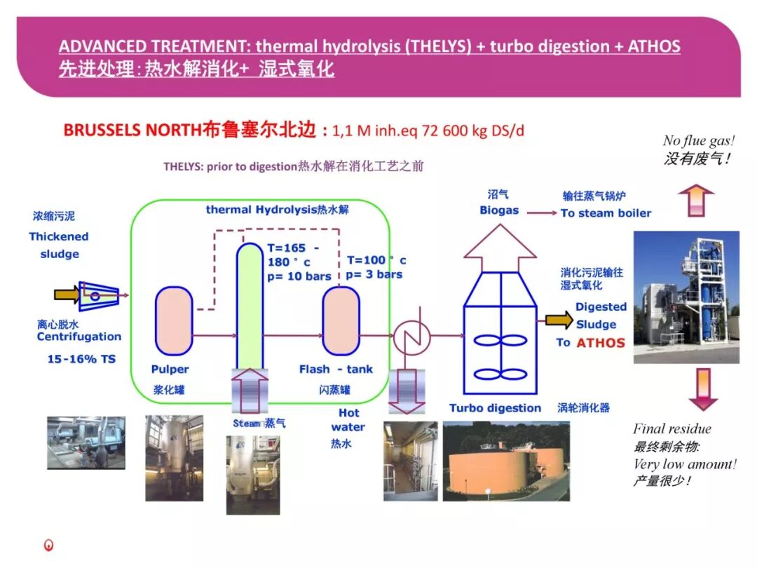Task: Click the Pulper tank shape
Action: (x=173, y=320)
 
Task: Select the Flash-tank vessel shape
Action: (x=341, y=320)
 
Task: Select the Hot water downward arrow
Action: (x=407, y=390)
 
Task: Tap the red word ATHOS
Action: (x=600, y=343)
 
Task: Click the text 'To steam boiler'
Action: (x=606, y=213)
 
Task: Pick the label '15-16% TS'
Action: (x=81, y=359)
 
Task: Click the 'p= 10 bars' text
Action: (x=299, y=276)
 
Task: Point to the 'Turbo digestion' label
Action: (x=495, y=408)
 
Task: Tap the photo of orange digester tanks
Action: (x=505, y=461)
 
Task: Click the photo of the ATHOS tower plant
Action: (x=686, y=297)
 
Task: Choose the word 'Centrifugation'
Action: (x=79, y=337)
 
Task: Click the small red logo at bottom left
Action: (x=48, y=545)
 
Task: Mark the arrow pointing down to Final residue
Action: (x=703, y=389)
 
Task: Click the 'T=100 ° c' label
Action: (x=376, y=260)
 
